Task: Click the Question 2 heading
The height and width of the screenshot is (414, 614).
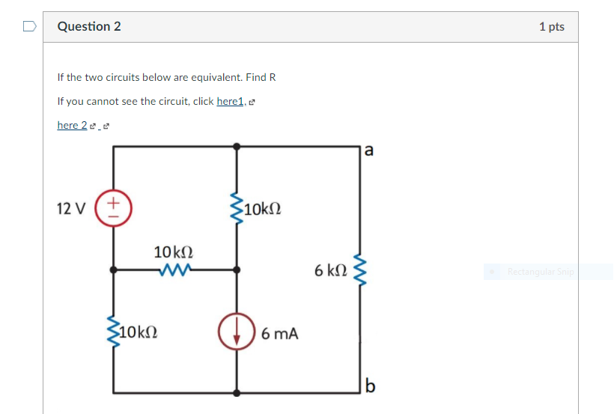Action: coord(89,26)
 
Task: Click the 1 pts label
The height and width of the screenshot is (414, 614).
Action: coord(551,26)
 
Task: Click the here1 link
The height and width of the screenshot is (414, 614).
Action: coord(230,101)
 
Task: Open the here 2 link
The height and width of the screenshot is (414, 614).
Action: coord(72,125)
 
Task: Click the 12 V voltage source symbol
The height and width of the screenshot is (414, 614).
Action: coord(114,207)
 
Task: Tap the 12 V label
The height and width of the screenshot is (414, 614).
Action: coord(71,207)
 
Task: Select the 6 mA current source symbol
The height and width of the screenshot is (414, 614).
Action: coord(237,333)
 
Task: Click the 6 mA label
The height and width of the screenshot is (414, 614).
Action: coord(280,334)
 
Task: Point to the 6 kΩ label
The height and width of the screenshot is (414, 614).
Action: coord(330,270)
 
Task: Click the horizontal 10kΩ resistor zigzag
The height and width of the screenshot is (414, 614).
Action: coord(174,270)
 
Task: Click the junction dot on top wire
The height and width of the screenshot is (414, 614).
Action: coord(237,146)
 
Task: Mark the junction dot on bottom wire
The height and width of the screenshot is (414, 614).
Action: coord(237,392)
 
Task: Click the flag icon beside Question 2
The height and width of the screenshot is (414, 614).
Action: coord(29,26)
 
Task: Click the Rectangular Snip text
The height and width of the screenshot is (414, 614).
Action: coord(540,272)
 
